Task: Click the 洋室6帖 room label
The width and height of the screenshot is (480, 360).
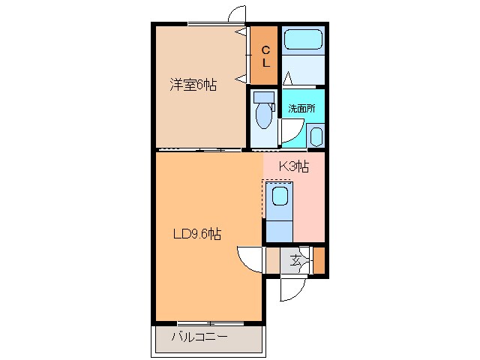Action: tap(193, 85)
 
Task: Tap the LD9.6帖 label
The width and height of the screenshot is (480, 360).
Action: tap(196, 234)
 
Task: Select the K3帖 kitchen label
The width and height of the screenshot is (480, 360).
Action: tap(294, 166)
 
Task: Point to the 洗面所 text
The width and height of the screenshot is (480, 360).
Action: tap(301, 108)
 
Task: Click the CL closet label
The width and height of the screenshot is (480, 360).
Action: tap(266, 56)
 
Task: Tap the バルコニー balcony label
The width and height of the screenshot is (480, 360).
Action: tap(199, 337)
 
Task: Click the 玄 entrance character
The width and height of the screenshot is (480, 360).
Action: tap(295, 261)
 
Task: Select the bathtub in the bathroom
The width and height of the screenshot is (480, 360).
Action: tap(303, 39)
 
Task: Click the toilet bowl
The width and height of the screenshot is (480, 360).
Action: tap(263, 116)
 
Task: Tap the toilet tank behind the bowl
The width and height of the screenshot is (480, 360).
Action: tap(263, 97)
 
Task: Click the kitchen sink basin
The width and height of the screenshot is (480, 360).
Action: tap(280, 196)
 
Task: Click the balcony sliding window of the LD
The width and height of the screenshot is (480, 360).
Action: tap(211, 323)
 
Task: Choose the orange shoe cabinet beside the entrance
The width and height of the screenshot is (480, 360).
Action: tap(319, 260)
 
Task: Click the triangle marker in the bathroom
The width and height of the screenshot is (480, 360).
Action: tap(287, 78)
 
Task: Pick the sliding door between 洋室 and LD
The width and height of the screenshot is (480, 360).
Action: tap(199, 150)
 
